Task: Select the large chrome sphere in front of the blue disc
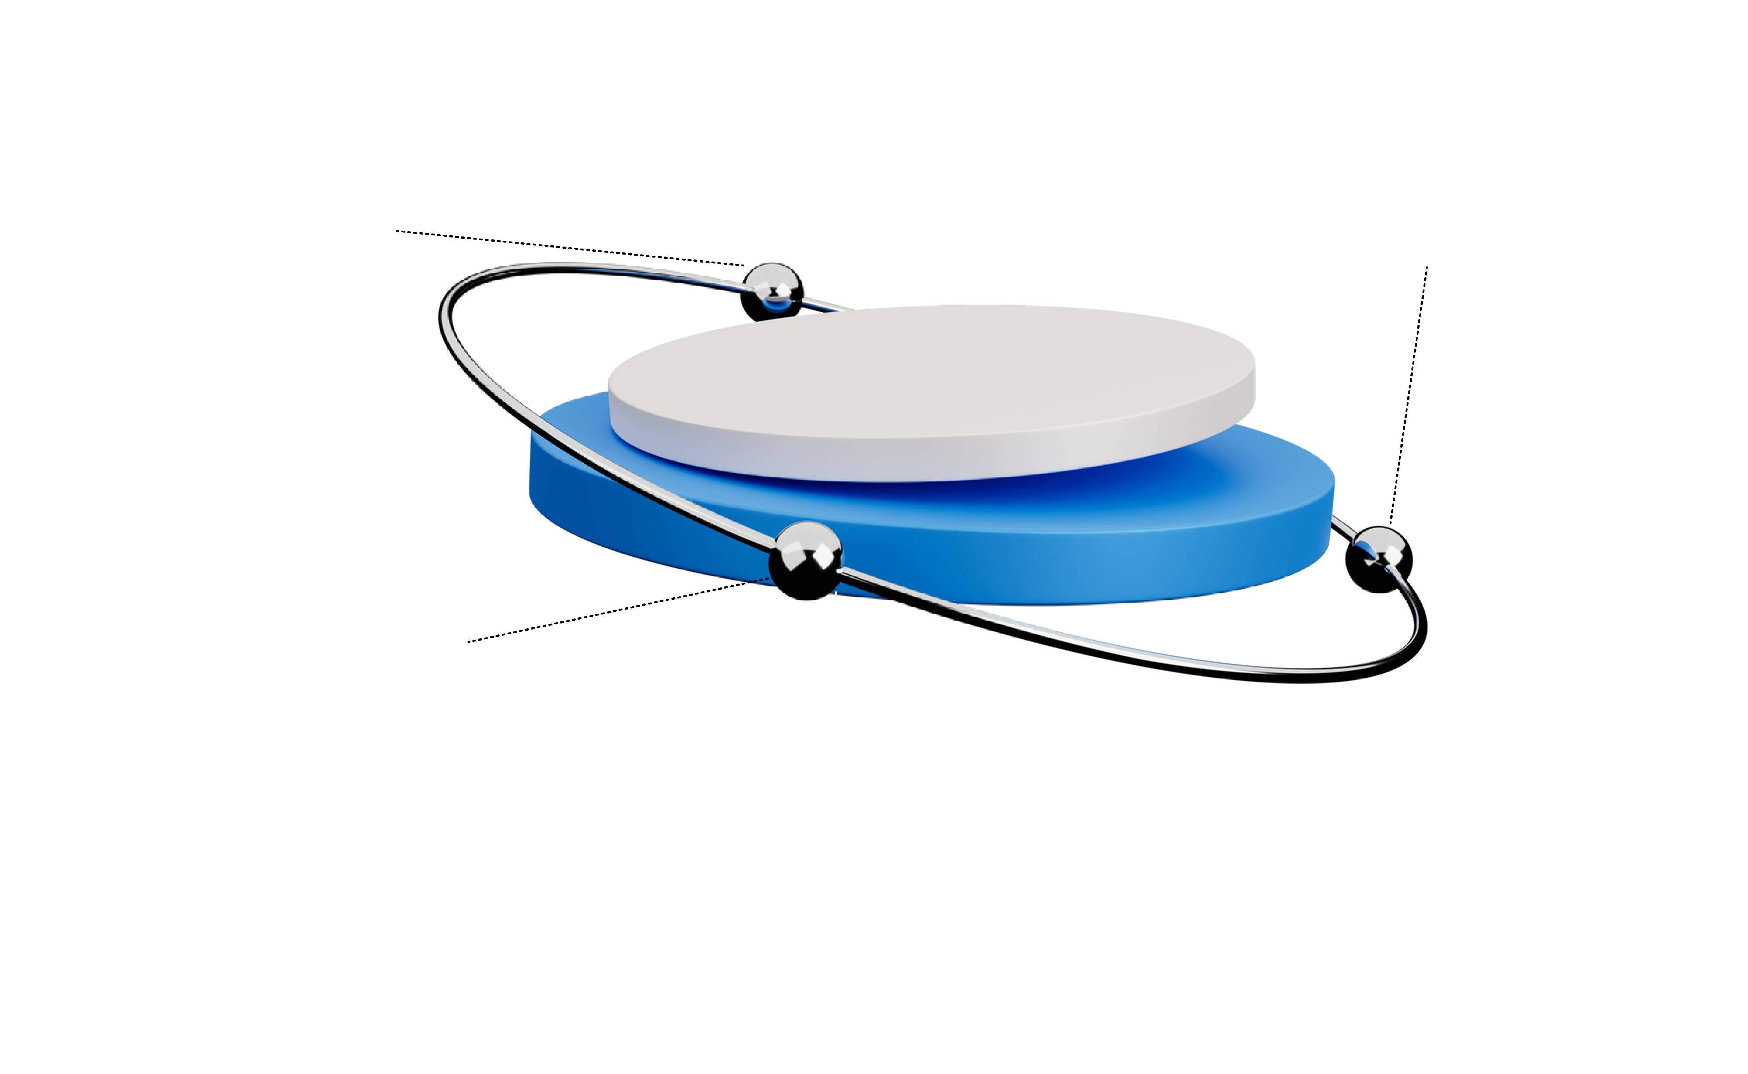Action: click(x=805, y=558)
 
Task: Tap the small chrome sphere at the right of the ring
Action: click(x=1379, y=547)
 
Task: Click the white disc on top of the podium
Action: click(x=930, y=384)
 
